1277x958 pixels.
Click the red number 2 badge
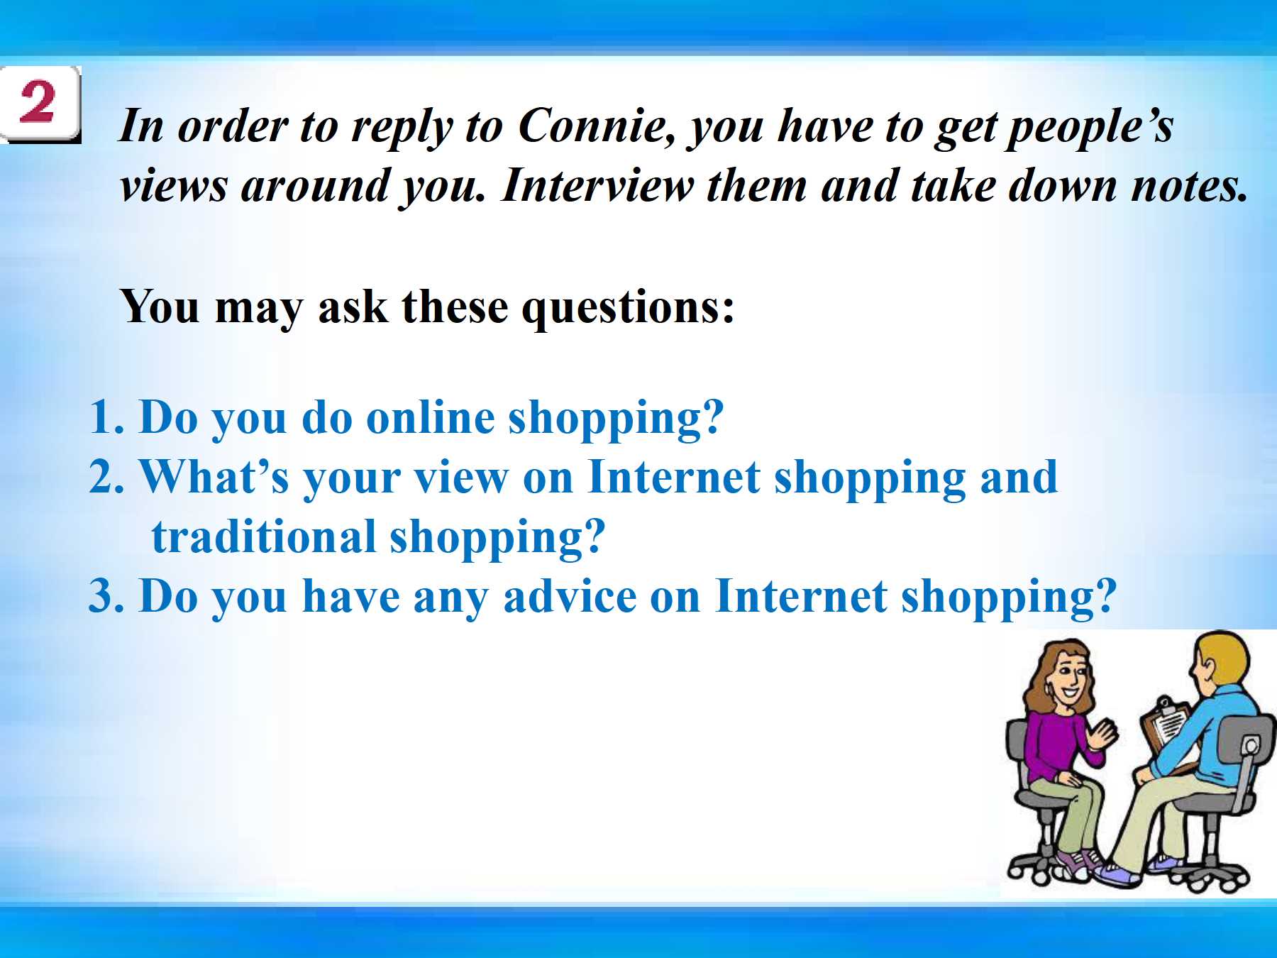pyautogui.click(x=40, y=104)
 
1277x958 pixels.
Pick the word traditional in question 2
pyautogui.click(x=263, y=536)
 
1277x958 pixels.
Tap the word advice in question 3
pyautogui.click(x=570, y=596)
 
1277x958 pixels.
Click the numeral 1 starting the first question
pyautogui.click(x=101, y=417)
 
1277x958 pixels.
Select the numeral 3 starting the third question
pyautogui.click(x=101, y=596)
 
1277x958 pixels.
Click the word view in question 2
pyautogui.click(x=462, y=478)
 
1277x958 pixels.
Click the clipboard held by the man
pyautogui.click(x=1165, y=727)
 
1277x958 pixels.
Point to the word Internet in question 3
pyautogui.click(x=801, y=596)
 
